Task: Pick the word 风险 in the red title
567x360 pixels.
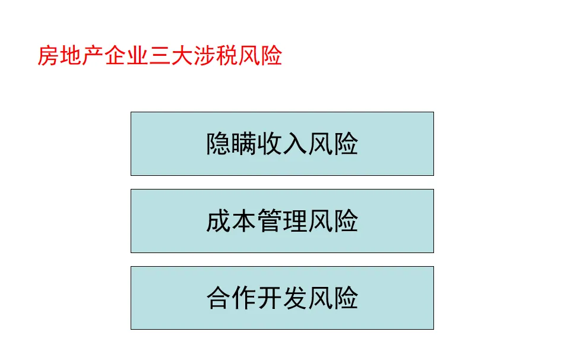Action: [261, 56]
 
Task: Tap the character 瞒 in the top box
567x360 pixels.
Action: [244, 144]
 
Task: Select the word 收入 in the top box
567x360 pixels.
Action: [282, 144]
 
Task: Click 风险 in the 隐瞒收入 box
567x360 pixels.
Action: [333, 144]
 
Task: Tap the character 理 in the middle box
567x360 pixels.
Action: [295, 222]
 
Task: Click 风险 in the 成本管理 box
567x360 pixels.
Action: [333, 222]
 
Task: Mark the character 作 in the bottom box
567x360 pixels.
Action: [244, 298]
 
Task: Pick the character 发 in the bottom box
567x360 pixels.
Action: [295, 298]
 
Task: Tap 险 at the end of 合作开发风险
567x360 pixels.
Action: [346, 298]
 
